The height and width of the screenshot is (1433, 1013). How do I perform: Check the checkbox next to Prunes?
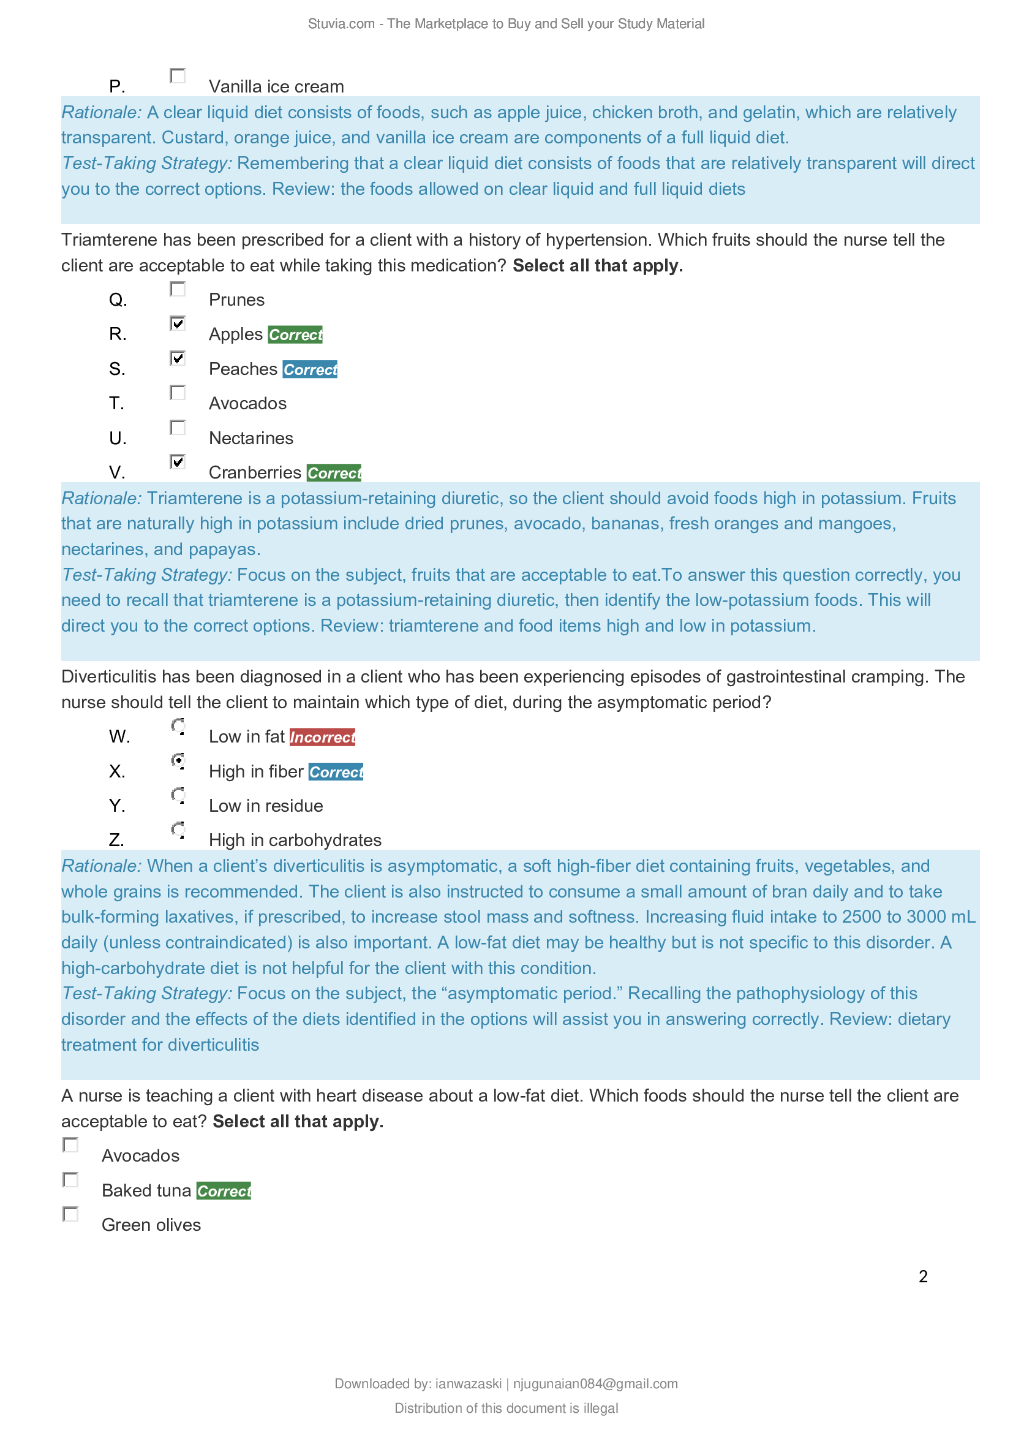pyautogui.click(x=178, y=289)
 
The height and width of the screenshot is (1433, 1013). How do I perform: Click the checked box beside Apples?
pyautogui.click(x=178, y=323)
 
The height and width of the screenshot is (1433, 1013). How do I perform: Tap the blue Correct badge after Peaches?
pyautogui.click(x=310, y=369)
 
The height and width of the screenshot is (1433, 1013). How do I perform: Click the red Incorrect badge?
pyautogui.click(x=323, y=737)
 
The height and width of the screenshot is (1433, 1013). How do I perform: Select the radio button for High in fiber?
pyautogui.click(x=178, y=760)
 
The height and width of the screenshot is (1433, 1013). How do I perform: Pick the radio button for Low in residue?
pyautogui.click(x=178, y=795)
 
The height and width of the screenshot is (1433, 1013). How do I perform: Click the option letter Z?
pyautogui.click(x=116, y=840)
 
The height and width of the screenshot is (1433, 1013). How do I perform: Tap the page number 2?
pyautogui.click(x=923, y=1276)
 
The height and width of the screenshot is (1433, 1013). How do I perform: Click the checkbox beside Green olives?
pyautogui.click(x=70, y=1214)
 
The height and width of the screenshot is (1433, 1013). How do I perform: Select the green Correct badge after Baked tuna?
pyautogui.click(x=224, y=1191)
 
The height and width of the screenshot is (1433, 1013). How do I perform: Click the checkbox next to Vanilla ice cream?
pyautogui.click(x=178, y=75)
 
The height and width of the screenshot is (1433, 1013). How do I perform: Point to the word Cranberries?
pyautogui.click(x=255, y=472)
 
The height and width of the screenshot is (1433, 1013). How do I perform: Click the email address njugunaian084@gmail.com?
pyautogui.click(x=595, y=1384)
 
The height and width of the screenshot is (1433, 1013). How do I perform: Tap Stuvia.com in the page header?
pyautogui.click(x=341, y=24)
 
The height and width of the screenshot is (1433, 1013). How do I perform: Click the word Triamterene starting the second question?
pyautogui.click(x=109, y=240)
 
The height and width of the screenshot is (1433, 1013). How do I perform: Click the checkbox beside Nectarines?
pyautogui.click(x=178, y=428)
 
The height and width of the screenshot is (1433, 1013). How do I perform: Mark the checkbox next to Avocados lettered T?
pyautogui.click(x=178, y=393)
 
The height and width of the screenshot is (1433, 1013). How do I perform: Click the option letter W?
pyautogui.click(x=119, y=736)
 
